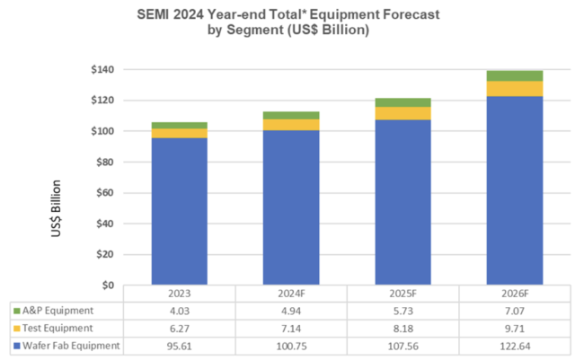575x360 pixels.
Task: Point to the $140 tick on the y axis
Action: click(105, 70)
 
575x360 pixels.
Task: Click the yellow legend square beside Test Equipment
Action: click(17, 329)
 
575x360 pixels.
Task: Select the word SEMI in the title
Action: click(154, 15)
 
